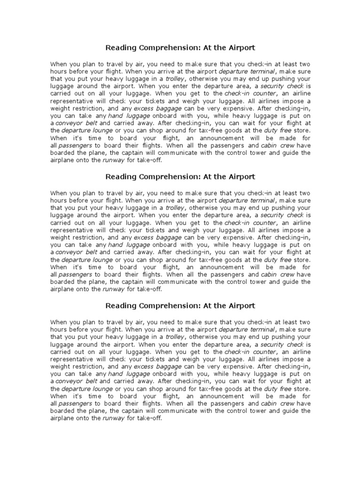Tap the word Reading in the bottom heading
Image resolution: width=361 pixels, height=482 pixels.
point(118,306)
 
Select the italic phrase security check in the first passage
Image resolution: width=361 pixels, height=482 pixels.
point(279,86)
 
